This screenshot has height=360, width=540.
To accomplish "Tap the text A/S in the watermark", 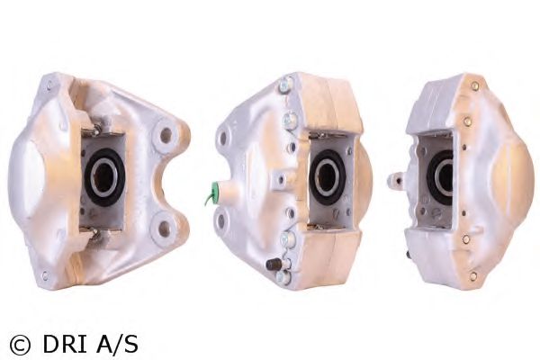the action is [117, 345].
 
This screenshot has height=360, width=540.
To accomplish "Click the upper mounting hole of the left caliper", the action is [166, 135].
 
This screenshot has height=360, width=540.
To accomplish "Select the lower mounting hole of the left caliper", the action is [165, 229].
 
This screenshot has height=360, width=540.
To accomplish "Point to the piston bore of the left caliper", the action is [103, 176].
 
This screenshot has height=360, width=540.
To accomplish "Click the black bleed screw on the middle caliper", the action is [273, 265].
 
